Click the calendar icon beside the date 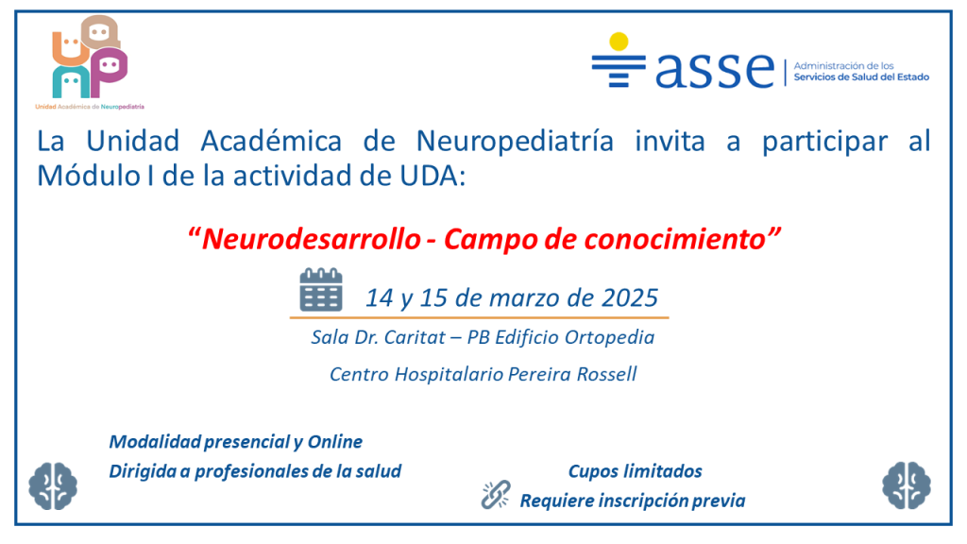coord(321,289)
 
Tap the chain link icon coord(496,495)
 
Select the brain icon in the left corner coord(53,486)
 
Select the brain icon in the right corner coord(907,485)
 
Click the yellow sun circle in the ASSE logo coord(619,42)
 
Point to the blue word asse coord(714,69)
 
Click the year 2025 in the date coord(630,297)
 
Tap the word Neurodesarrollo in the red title coord(312,239)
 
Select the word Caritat coord(415,337)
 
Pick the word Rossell coord(607,374)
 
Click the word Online coord(335,442)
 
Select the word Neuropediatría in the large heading coord(515,142)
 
